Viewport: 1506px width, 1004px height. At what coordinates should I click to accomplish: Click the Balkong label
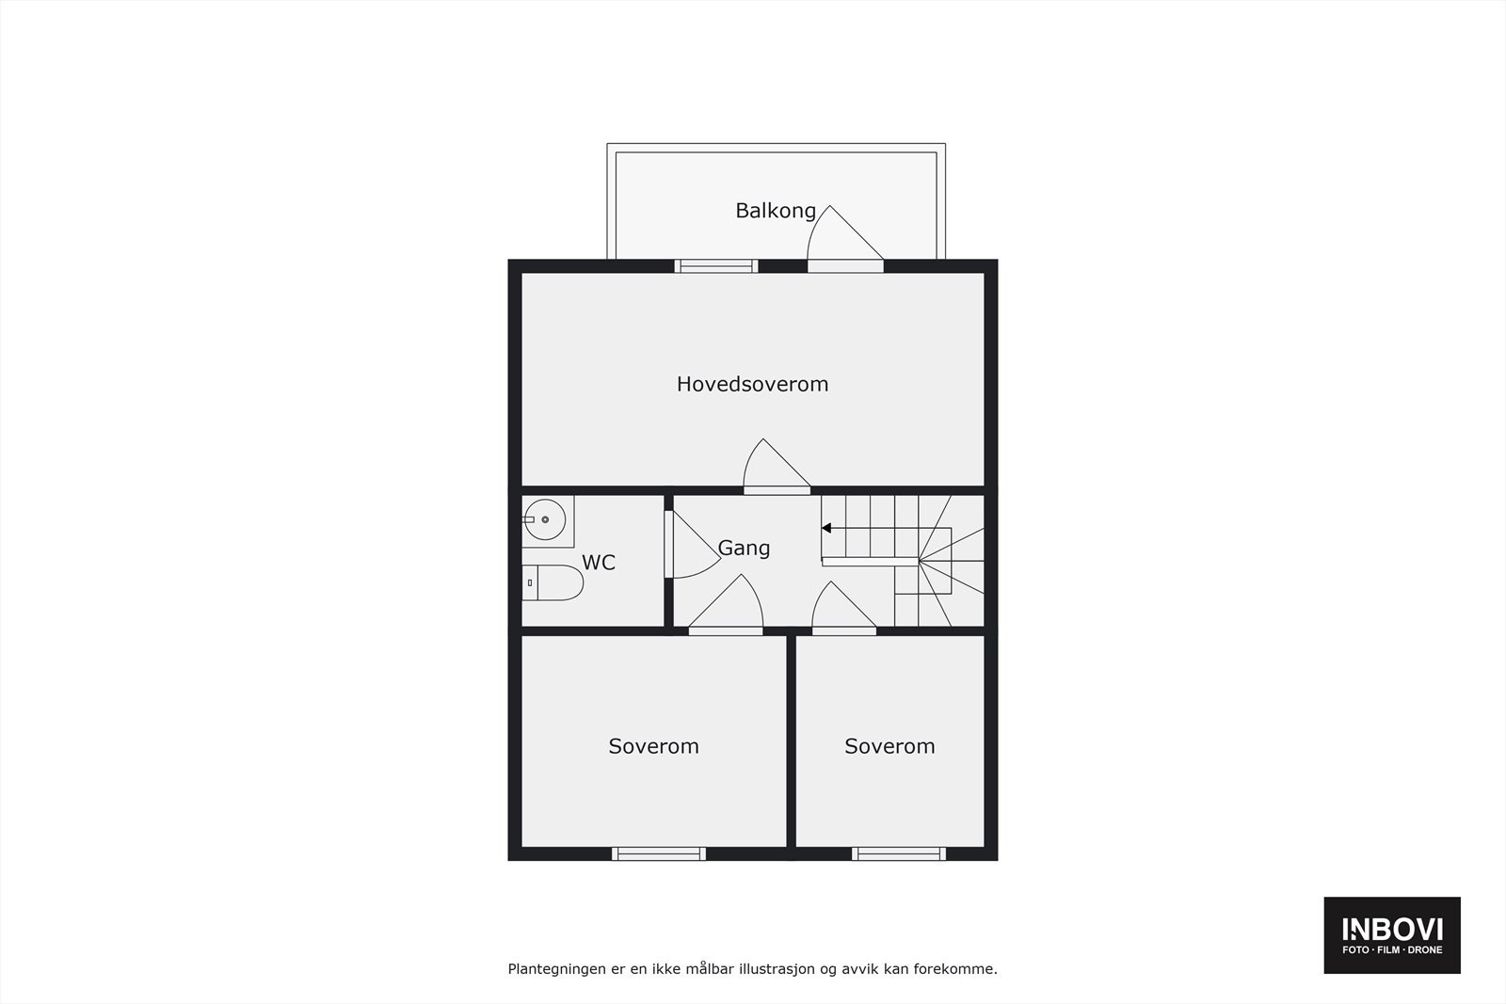pos(775,211)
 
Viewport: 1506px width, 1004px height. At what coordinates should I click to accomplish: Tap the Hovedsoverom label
pos(752,384)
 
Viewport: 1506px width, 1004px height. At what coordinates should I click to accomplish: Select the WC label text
pos(599,563)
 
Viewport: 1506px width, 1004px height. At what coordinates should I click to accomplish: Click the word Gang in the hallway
pos(744,548)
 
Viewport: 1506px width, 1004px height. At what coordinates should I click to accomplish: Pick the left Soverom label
pos(653,746)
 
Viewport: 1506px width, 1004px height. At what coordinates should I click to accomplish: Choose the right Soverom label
pos(889,746)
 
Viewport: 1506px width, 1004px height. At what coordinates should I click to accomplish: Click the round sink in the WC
pos(544,519)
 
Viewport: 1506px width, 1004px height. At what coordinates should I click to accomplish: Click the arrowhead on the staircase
pos(826,529)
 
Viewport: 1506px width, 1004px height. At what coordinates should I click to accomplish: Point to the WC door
pos(689,547)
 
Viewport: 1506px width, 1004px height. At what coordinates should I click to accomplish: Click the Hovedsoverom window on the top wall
pos(717,266)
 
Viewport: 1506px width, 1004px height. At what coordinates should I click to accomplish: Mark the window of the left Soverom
pos(659,854)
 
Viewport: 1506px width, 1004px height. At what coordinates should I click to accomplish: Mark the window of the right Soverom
pos(899,854)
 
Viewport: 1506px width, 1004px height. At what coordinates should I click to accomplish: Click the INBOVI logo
pos(1392,935)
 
